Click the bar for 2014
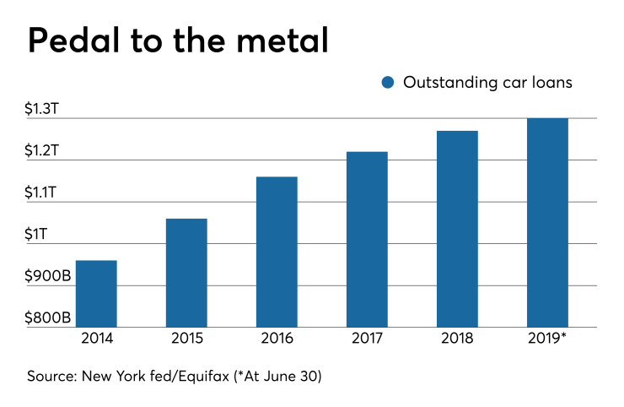[x=96, y=294]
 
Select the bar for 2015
[x=186, y=273]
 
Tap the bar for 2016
[x=277, y=252]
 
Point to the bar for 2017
[x=367, y=239]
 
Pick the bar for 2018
[x=457, y=229]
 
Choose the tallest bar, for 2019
[x=547, y=222]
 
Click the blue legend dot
[x=388, y=82]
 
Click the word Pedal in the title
[x=72, y=40]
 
